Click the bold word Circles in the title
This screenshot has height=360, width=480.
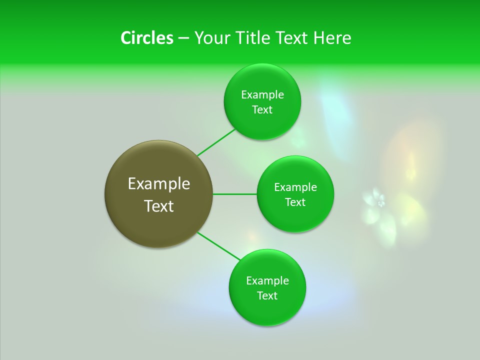pos(146,38)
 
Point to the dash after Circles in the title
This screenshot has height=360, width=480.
pos(183,38)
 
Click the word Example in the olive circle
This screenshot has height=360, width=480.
pos(159,184)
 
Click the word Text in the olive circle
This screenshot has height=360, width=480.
pos(159,206)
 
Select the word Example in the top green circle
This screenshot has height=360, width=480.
pos(262,95)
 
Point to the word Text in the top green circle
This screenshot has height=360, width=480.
pos(262,110)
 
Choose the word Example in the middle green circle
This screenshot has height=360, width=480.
pos(295,187)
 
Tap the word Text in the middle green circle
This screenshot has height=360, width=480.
pos(295,202)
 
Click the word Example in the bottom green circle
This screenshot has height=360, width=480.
pos(267,281)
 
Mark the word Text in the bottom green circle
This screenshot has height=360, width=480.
pos(267,296)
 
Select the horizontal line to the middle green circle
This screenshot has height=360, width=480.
pos(235,194)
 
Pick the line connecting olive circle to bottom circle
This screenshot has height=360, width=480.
pos(219,246)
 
